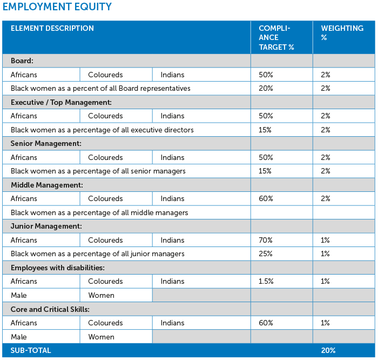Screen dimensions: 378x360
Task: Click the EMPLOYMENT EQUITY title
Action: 57,6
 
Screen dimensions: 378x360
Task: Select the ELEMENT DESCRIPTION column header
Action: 52,28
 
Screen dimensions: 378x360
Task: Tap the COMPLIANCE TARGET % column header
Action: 276,38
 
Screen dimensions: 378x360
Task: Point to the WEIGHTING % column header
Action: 342,33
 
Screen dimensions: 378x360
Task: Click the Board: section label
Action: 22,61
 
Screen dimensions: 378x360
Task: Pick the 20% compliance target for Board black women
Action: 266,88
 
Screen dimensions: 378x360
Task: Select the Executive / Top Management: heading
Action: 61,102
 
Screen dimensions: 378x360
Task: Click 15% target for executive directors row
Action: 265,130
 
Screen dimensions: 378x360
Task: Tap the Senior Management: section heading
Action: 46,144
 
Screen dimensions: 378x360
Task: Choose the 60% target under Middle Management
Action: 266,198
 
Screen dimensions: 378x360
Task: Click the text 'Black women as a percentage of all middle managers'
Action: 99,212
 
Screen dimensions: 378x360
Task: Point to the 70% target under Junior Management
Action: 266,240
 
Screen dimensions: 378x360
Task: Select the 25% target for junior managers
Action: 266,254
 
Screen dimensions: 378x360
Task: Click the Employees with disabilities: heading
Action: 58,268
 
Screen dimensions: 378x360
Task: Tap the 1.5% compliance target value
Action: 266,281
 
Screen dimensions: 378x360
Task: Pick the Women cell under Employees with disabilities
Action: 102,295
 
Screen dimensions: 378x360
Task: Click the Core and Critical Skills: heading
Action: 50,309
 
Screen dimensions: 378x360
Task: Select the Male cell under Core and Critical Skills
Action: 19,337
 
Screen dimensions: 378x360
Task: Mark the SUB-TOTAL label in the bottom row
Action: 31,350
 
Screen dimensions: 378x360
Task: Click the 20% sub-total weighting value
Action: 328,350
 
